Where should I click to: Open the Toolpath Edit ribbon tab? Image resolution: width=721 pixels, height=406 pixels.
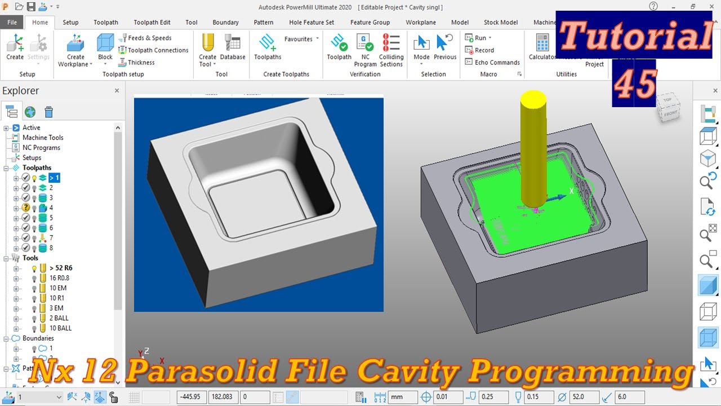(152, 23)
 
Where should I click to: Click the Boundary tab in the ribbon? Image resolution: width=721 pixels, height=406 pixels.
(225, 23)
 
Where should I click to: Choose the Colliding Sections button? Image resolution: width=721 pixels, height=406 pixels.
(391, 50)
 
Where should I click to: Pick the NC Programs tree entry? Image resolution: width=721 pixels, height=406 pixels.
(41, 148)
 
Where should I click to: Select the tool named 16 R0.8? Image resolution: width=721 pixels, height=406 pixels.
(59, 278)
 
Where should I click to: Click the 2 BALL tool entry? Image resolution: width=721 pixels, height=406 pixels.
(59, 318)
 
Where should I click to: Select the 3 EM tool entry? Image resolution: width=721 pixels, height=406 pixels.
(56, 308)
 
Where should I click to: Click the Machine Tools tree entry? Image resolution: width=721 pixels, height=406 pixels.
(43, 138)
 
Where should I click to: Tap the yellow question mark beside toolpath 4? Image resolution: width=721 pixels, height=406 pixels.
(25, 208)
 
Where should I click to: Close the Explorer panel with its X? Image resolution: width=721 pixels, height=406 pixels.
(117, 90)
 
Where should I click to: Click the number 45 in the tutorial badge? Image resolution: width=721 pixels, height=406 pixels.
(635, 85)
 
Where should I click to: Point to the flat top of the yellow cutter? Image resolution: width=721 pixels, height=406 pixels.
(533, 99)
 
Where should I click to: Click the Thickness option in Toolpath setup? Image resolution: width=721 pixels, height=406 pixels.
(141, 63)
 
